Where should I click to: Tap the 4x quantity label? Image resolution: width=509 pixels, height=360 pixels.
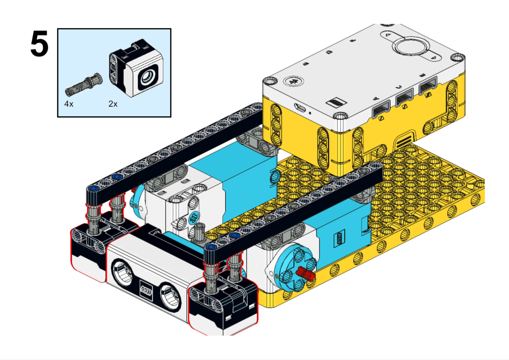tap(69, 104)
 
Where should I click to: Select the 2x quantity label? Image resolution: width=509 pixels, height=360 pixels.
tap(113, 104)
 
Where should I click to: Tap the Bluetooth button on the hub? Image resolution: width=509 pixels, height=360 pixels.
tap(292, 80)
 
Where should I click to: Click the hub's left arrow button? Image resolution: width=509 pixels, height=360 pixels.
tap(388, 33)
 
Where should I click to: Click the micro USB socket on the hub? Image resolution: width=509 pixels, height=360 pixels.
tap(302, 108)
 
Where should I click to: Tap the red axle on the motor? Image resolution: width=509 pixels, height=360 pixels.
tap(306, 274)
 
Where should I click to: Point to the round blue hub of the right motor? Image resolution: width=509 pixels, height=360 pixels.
tap(291, 271)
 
